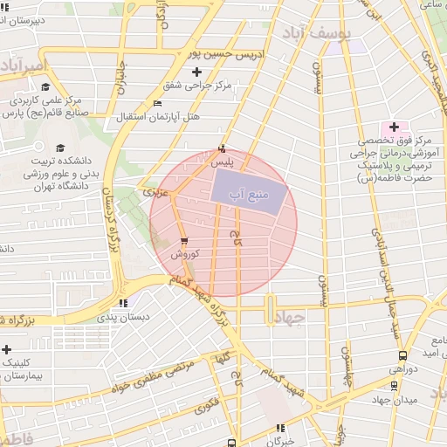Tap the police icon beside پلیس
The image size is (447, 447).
click(222, 148)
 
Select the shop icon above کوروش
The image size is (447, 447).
click(183, 241)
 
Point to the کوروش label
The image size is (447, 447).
click(185, 254)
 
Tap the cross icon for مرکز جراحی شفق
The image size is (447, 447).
click(196, 72)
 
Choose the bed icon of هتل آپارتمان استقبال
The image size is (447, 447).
click(157, 104)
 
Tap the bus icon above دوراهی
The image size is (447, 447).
click(402, 356)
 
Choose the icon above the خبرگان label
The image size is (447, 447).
click(280, 428)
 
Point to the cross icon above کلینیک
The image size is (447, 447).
click(7, 348)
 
